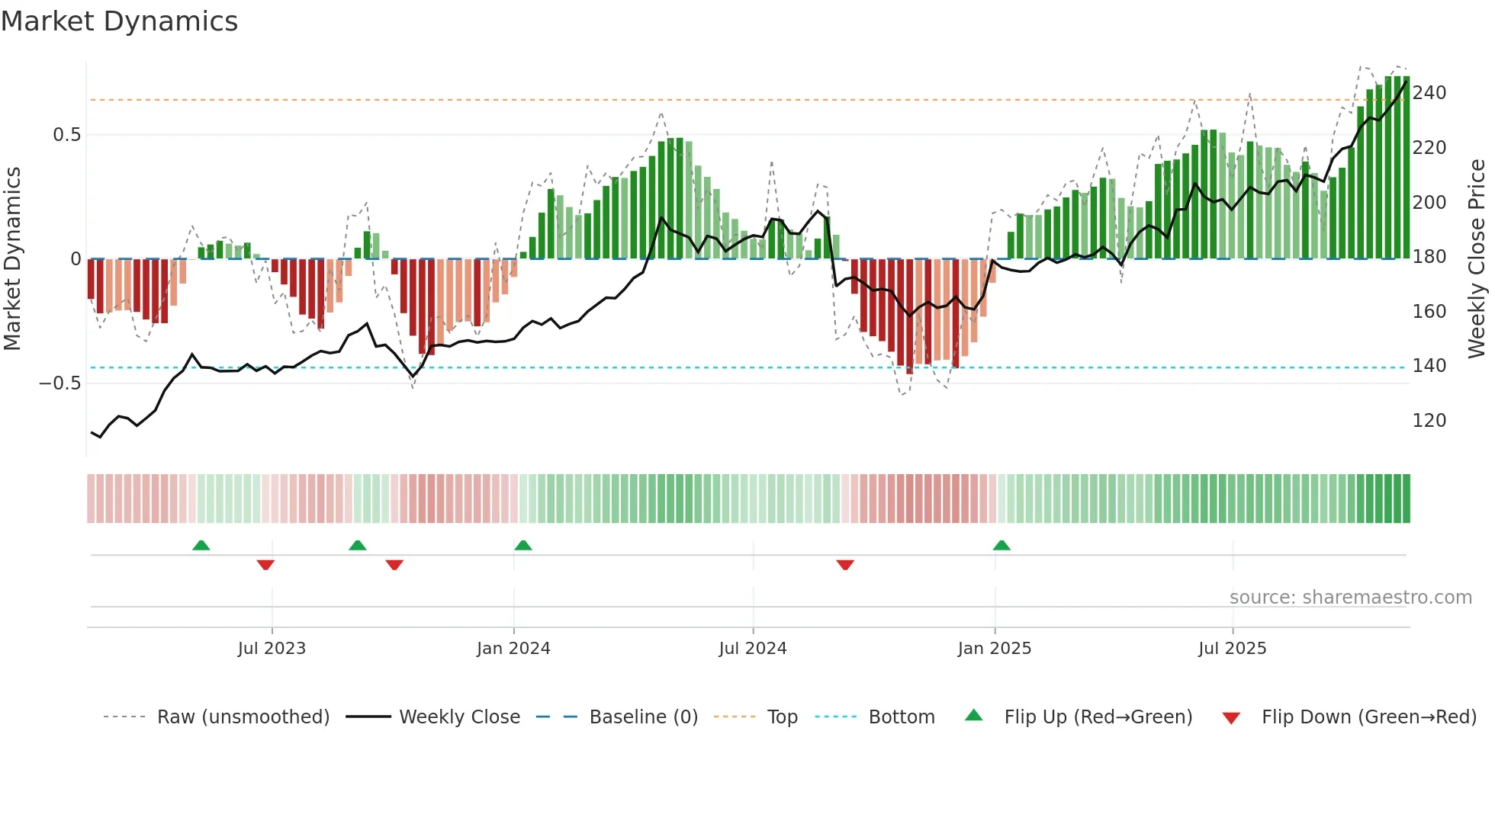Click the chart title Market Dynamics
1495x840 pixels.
(120, 21)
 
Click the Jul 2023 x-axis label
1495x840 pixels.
(272, 648)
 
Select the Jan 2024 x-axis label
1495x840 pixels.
(513, 648)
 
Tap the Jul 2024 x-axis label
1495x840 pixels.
(752, 648)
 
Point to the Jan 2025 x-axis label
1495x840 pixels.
(994, 648)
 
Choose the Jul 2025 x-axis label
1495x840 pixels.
(1232, 648)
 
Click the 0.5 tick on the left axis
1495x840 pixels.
(66, 135)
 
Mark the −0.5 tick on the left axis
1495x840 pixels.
(60, 383)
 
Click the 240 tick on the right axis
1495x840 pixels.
(1429, 93)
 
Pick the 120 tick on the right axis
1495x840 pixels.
(1429, 420)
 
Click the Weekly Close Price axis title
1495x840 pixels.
(1477, 258)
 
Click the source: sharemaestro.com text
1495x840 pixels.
(1350, 597)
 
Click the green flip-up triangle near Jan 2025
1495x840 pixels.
(1001, 545)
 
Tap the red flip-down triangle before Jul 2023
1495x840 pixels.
(265, 565)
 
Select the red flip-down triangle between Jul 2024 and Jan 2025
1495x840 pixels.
(845, 565)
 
